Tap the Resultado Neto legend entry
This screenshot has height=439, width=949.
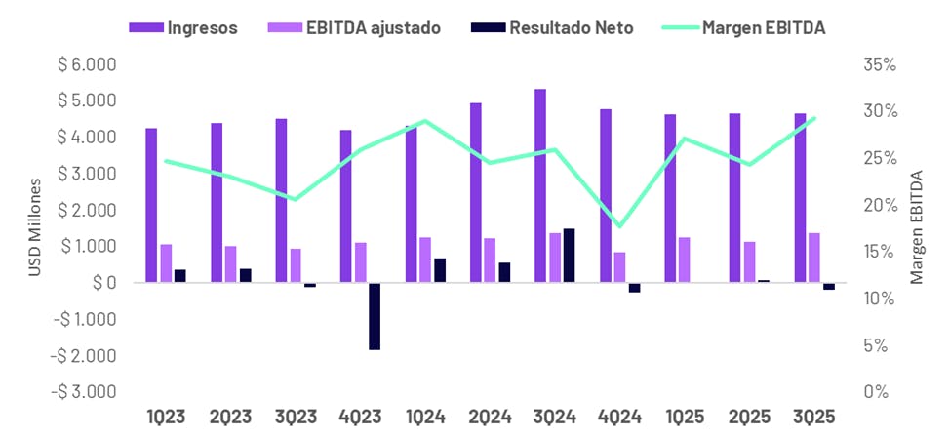[x=557, y=27]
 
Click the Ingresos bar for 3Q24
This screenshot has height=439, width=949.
[x=540, y=185]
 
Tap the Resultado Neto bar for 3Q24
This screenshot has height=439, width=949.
[x=569, y=256]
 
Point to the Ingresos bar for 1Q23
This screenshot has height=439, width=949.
[x=151, y=205]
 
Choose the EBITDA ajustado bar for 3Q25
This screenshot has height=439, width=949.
[x=813, y=258]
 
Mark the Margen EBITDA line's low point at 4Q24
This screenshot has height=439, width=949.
[x=619, y=226]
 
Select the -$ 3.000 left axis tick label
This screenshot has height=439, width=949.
[x=86, y=391]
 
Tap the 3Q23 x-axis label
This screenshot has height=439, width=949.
[x=296, y=417]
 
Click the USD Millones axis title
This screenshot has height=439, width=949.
[x=35, y=227]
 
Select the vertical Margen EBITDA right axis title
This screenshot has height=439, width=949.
[x=916, y=227]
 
